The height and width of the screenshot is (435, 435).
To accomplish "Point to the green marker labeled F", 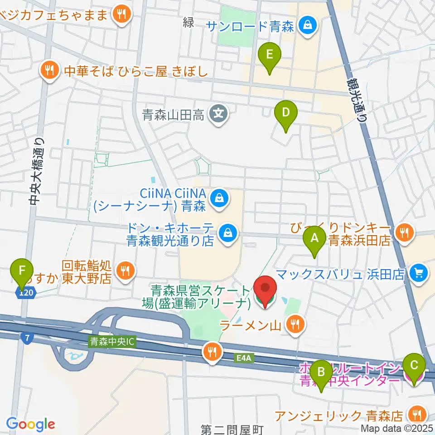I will click(21, 273).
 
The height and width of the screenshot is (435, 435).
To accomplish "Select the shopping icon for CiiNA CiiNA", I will click(219, 198).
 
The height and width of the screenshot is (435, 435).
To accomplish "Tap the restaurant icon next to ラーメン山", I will click(295, 324).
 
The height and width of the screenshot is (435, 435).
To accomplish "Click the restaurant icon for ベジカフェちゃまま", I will click(121, 14).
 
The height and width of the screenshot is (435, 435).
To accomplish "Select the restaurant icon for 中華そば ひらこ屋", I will click(48, 70).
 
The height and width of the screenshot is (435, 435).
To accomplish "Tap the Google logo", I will click(31, 424).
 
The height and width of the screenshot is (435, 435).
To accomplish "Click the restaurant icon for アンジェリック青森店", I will click(416, 414).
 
